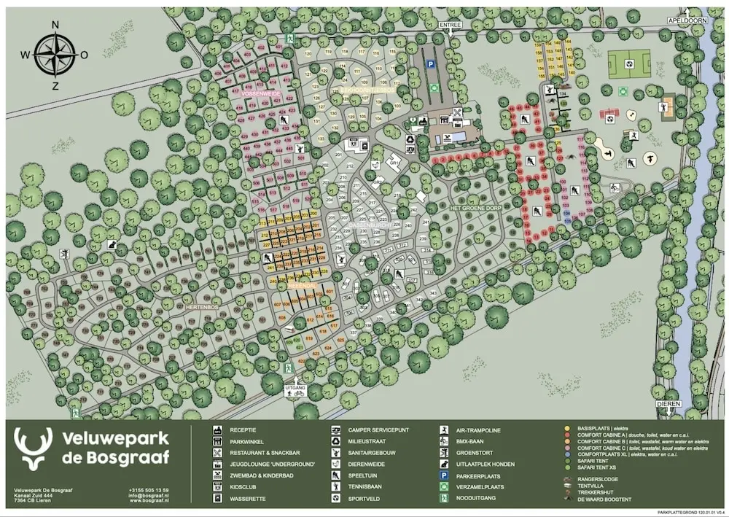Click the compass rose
pos(55,55)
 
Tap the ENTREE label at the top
pos(451,25)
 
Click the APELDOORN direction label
pos(688,21)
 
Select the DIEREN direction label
pos(668,404)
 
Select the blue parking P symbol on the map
pos(431,64)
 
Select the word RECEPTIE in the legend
pos(243,430)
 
